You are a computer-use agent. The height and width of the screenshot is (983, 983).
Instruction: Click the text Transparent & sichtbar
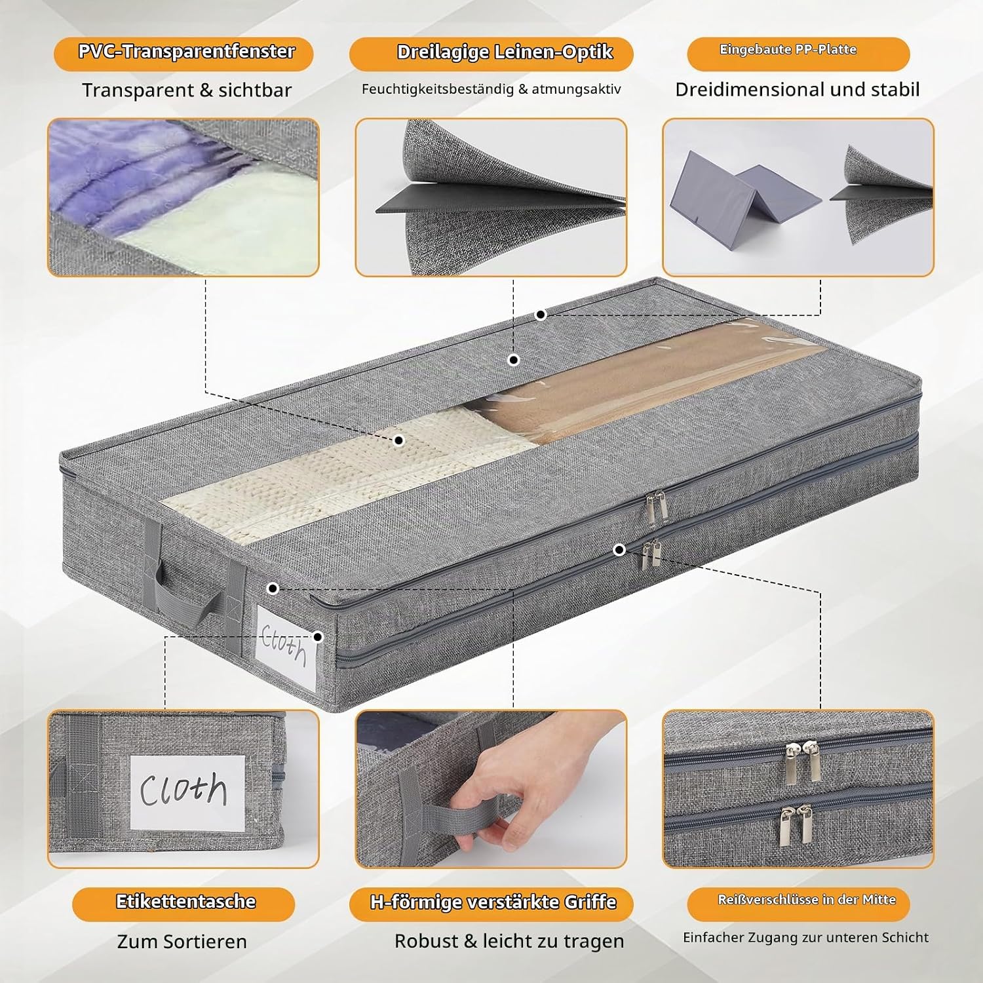[x=187, y=90]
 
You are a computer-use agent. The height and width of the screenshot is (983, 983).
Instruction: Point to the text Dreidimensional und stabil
[x=798, y=90]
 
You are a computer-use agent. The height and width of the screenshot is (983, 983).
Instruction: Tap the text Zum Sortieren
[x=182, y=942]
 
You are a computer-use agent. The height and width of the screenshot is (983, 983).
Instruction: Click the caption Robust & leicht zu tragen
[x=509, y=941]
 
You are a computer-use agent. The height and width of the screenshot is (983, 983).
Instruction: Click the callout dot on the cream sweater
[x=398, y=441]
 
